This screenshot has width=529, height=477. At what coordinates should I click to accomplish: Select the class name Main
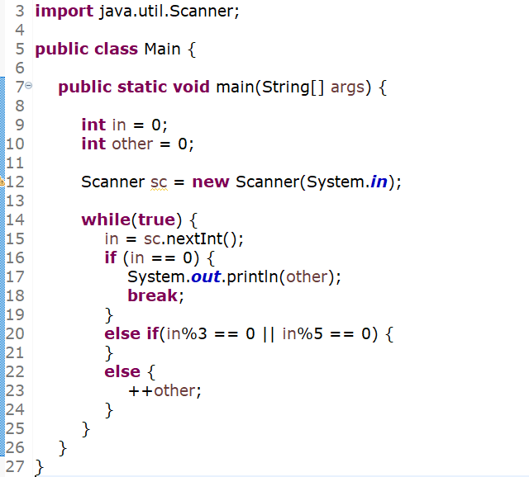click(162, 49)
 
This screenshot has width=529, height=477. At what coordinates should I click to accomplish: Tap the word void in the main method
click(191, 87)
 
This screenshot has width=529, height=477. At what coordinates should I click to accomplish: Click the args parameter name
click(347, 87)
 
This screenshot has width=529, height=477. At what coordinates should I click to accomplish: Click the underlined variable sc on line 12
click(158, 182)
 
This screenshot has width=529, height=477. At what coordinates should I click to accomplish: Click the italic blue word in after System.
click(378, 182)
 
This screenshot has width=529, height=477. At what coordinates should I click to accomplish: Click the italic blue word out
click(206, 276)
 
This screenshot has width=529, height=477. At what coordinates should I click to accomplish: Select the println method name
click(253, 276)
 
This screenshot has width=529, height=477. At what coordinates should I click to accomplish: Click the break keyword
click(152, 295)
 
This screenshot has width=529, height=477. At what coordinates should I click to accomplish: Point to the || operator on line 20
click(269, 333)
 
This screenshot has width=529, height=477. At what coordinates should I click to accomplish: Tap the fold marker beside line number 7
click(28, 86)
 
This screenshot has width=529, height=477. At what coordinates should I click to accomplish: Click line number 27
click(15, 466)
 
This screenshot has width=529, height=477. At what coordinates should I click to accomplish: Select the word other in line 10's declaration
click(132, 144)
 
